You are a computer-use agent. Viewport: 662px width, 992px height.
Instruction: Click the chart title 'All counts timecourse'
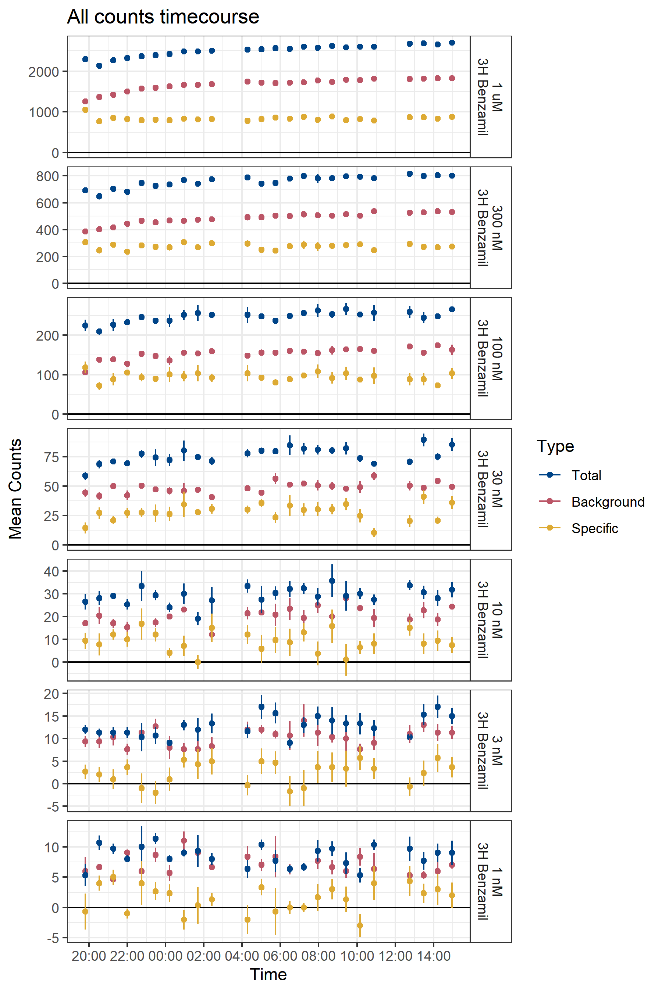tap(163, 17)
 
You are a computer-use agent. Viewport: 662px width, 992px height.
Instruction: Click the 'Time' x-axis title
tap(268, 974)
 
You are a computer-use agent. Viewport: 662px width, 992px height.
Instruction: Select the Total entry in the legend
tap(586, 475)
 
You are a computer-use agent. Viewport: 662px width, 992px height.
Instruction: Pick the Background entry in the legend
tap(608, 502)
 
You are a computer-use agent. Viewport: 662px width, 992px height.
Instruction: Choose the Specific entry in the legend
tap(594, 528)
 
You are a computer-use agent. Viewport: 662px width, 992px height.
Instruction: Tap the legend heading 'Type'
tap(555, 446)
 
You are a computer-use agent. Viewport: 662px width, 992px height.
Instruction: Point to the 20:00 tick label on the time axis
tap(89, 956)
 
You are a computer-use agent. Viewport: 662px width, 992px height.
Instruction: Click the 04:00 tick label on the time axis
tap(242, 956)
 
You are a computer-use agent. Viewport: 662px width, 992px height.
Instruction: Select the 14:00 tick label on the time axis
tap(434, 956)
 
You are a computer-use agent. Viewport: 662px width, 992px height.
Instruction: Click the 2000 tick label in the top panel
tap(43, 72)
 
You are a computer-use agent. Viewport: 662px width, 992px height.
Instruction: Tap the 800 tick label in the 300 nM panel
tap(47, 176)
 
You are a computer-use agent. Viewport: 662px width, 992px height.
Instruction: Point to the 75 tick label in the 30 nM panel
tap(51, 457)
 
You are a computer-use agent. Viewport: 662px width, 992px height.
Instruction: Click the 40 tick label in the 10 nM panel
tap(51, 571)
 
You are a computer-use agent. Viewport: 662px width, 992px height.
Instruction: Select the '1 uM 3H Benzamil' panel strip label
tap(491, 97)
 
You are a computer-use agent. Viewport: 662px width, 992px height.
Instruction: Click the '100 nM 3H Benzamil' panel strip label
tap(491, 359)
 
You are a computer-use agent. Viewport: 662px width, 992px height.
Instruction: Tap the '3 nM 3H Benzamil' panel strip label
tap(491, 751)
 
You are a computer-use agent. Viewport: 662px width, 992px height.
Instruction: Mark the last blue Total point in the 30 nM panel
tap(452, 445)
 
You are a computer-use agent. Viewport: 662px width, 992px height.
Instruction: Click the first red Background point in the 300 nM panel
tap(85, 231)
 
